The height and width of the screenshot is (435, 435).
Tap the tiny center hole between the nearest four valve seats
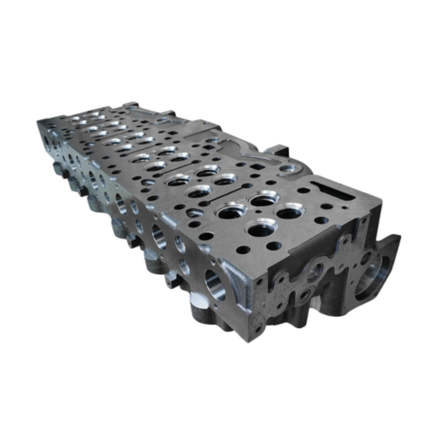coord(262,214)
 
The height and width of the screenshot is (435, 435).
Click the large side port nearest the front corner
coord(214,283)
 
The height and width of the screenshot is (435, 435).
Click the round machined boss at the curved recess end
coord(289,169)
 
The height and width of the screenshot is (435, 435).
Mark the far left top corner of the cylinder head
coord(39,123)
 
